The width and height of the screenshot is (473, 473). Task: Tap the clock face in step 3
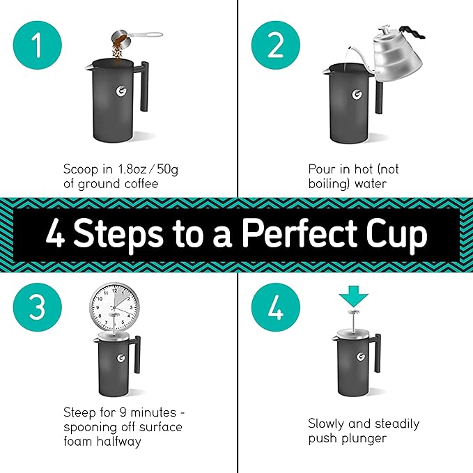point(113,306)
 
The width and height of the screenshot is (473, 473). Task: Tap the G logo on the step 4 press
point(360,357)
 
